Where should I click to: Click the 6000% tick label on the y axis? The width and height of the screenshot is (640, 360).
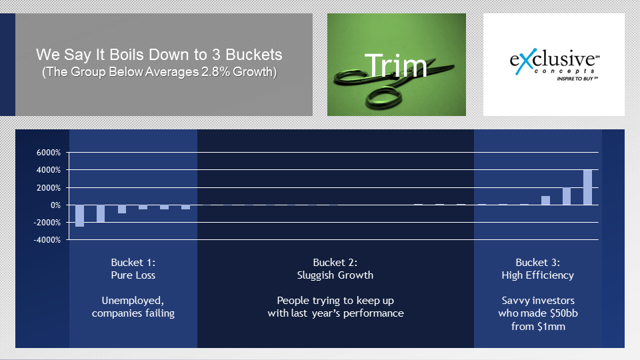pos(49,153)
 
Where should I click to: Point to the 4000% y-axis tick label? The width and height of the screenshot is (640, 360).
pos(49,170)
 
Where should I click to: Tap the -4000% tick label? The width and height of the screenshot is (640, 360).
pos(47,240)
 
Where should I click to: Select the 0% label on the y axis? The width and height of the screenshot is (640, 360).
pos(55,205)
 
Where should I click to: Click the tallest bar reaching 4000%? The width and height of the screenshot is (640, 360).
pos(587,187)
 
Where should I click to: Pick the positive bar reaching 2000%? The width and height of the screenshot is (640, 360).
pos(567,196)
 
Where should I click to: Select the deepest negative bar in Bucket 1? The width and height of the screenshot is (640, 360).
pos(79,215)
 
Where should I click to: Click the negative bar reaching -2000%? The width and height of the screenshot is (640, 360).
pos(101,213)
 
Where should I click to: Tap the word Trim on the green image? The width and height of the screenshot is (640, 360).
pos(396,65)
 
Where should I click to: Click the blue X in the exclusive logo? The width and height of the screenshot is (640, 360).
pos(525,61)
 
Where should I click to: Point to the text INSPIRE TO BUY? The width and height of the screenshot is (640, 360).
pos(575,79)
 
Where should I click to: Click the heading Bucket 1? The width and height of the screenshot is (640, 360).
pos(133,263)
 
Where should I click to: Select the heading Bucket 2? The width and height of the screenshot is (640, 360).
pos(335,263)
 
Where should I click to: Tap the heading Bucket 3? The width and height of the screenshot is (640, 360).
pos(537,263)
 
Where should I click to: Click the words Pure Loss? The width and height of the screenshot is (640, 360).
pos(133,275)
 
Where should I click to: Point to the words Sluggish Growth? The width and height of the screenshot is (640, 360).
pos(335,275)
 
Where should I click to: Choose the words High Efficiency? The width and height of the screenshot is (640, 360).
pos(537,275)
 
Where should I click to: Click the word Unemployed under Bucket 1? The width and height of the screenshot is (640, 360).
pos(133,301)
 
